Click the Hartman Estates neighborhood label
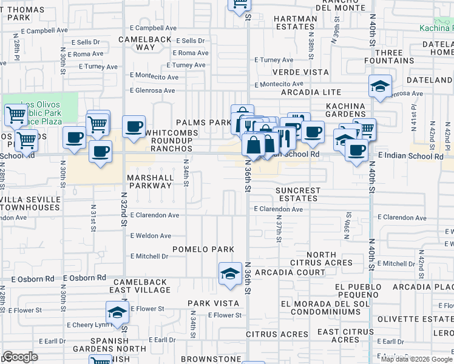click(x=296, y=23)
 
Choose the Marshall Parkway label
click(x=149, y=181)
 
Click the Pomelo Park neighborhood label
click(x=203, y=249)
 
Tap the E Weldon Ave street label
click(x=154, y=235)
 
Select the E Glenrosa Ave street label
click(x=152, y=90)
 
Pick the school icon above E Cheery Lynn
click(x=118, y=312)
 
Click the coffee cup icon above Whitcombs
click(x=134, y=126)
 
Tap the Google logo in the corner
click(x=21, y=357)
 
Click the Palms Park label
click(x=203, y=123)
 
